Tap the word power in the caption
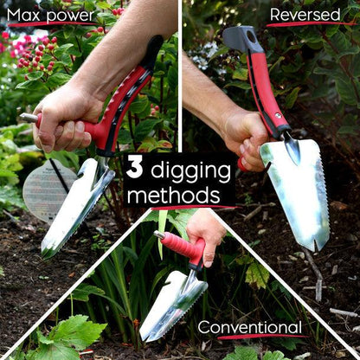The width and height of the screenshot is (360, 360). [x=71, y=16]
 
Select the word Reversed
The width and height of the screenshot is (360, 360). [x=305, y=15]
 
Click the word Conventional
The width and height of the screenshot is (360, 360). [x=250, y=327]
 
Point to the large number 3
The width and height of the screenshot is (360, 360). [x=135, y=169]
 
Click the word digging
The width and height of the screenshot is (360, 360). [x=190, y=171]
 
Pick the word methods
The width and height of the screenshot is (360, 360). [x=173, y=196]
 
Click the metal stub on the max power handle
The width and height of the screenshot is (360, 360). [x=29, y=118]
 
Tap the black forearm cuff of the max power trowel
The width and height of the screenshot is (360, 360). [x=155, y=52]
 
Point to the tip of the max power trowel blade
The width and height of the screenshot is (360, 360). [x=46, y=255]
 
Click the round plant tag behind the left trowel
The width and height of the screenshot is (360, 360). [x=48, y=190]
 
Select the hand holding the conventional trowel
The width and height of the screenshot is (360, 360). [x=206, y=235]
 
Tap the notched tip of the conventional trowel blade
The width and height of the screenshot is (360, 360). [x=146, y=337]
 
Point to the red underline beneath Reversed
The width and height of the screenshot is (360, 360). [x=311, y=24]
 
